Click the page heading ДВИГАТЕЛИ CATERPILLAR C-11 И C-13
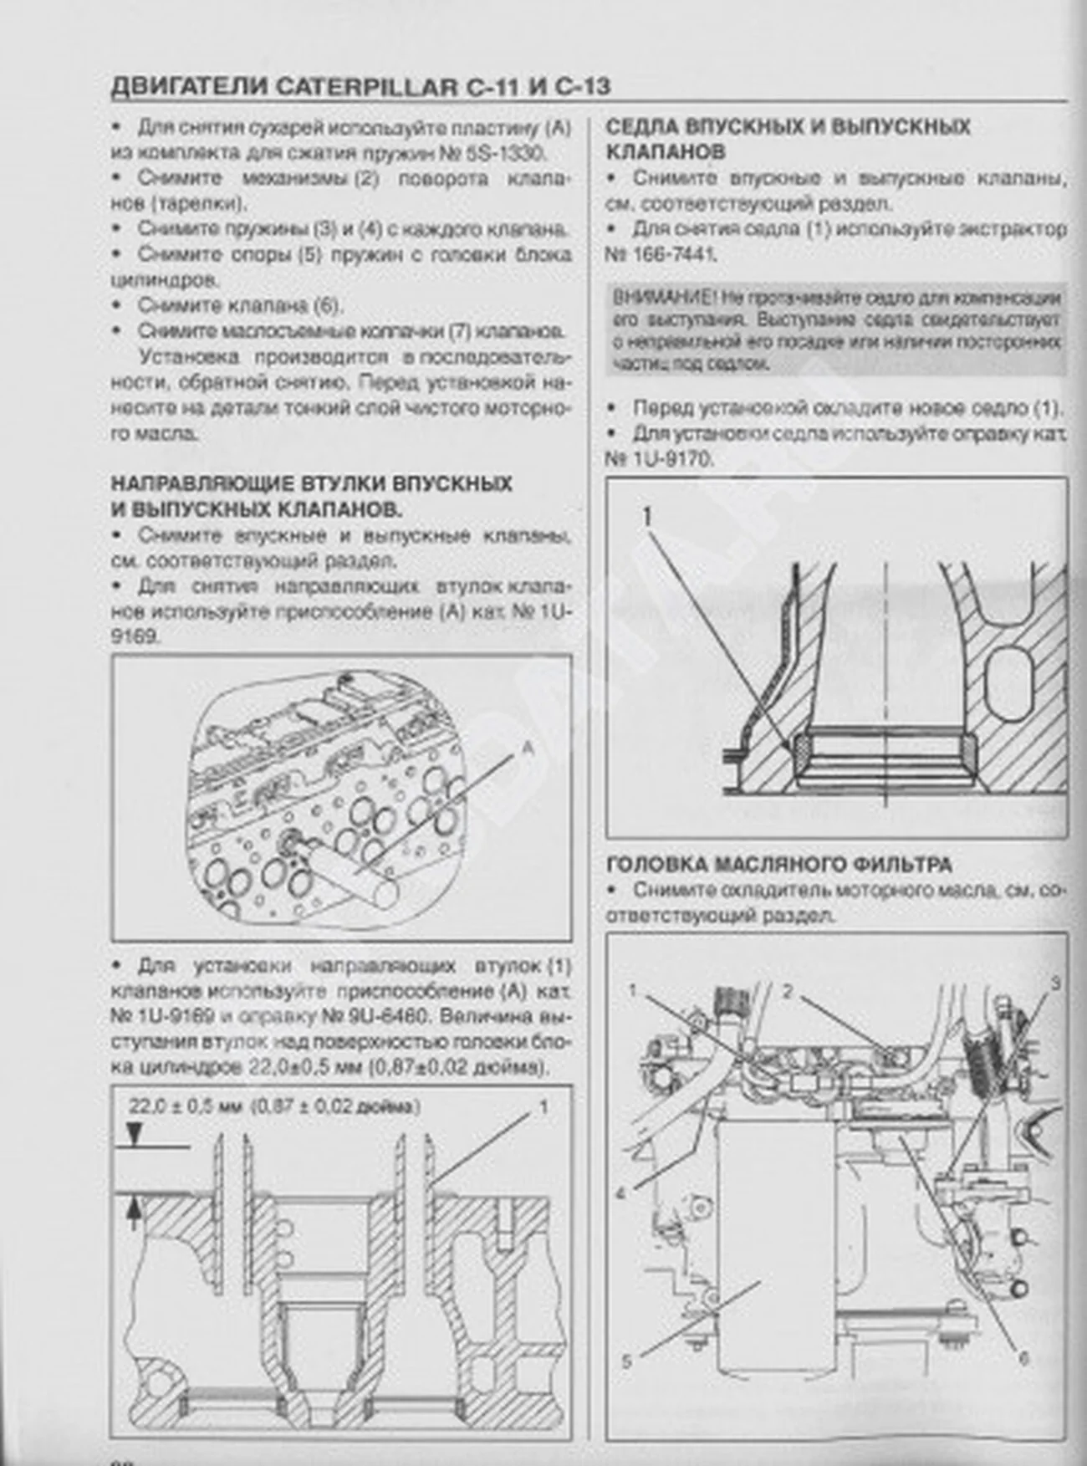click(360, 86)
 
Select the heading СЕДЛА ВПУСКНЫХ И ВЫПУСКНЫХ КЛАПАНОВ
click(787, 140)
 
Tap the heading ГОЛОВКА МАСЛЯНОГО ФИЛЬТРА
click(778, 864)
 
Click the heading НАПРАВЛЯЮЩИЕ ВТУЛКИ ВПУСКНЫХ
click(312, 484)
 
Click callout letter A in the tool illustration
click(527, 750)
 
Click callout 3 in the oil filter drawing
click(1055, 983)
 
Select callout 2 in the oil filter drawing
click(787, 992)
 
